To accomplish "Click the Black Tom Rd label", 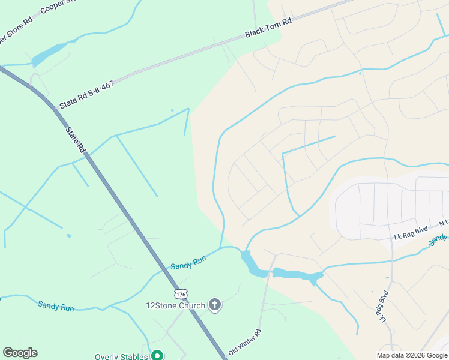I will point(268,29).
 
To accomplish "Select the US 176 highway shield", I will point(181,294).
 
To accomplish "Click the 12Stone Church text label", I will point(176,305).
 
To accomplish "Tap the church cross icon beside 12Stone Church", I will point(215,305).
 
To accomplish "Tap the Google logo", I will point(20,353).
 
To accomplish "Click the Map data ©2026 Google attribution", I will point(412,355).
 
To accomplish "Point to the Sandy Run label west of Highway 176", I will point(56,306).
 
